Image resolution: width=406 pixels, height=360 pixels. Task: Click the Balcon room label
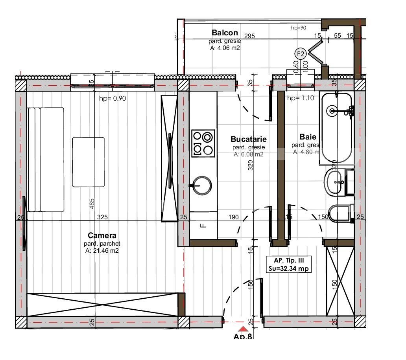(225, 33)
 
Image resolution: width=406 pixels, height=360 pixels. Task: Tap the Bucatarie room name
(248, 139)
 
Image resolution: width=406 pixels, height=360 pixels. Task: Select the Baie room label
(308, 137)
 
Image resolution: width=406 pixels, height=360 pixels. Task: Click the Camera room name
(102, 235)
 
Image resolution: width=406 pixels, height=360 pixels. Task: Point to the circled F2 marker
(301, 54)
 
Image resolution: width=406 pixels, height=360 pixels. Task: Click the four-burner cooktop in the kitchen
(203, 143)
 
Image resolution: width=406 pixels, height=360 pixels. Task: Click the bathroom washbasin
(334, 182)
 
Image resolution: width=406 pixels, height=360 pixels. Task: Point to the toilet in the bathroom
(340, 213)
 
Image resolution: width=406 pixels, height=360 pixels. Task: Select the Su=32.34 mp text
(289, 269)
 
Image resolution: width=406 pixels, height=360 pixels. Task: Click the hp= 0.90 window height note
(113, 99)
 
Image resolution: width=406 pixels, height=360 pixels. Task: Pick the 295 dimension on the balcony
(249, 36)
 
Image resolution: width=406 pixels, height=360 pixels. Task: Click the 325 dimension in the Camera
(102, 217)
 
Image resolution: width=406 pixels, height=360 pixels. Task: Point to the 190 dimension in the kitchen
(234, 217)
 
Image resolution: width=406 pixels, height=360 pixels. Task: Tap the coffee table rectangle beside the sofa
(89, 162)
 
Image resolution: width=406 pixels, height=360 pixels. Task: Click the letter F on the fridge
(203, 226)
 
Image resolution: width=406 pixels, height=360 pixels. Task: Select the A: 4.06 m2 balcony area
(225, 48)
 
